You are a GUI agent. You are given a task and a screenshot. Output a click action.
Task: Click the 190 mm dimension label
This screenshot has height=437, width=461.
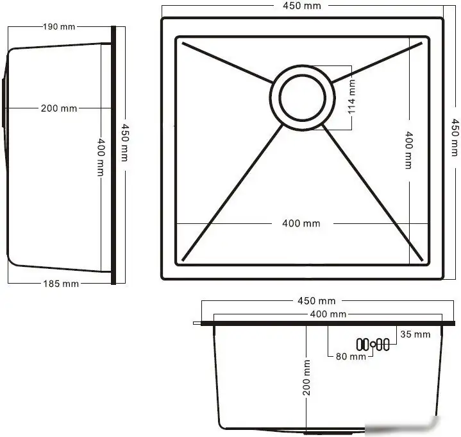coord(59,26)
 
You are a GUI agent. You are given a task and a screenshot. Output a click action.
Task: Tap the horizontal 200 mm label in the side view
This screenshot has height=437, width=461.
coord(59,108)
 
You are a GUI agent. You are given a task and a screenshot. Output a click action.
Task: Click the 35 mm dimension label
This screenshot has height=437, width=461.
coord(415,334)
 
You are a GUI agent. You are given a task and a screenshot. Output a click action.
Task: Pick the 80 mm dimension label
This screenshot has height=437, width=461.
coord(350,356)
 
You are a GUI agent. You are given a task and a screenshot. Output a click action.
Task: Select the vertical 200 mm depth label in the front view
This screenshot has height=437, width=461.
coord(306,379)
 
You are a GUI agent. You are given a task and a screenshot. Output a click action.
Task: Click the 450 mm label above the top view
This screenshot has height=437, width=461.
coord(302,6)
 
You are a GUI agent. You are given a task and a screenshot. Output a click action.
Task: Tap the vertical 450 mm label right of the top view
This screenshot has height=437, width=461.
coord(455,137)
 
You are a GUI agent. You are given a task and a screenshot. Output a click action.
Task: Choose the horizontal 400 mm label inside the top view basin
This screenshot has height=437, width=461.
coord(301,223)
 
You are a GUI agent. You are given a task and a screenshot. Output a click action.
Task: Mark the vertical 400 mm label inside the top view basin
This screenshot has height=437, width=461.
coord(409,150)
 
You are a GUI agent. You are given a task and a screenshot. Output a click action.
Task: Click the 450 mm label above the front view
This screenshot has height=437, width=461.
coord(317,300)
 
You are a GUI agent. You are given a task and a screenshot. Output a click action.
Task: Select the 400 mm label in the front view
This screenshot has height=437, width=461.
coord(328,314)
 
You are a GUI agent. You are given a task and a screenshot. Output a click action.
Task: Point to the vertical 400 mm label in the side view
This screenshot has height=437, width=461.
coord(101,158)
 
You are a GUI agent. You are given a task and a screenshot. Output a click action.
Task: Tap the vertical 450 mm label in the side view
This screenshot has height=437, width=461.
coord(124,143)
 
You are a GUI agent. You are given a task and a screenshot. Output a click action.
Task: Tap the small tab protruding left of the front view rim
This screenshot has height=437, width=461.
coord(197,324)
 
